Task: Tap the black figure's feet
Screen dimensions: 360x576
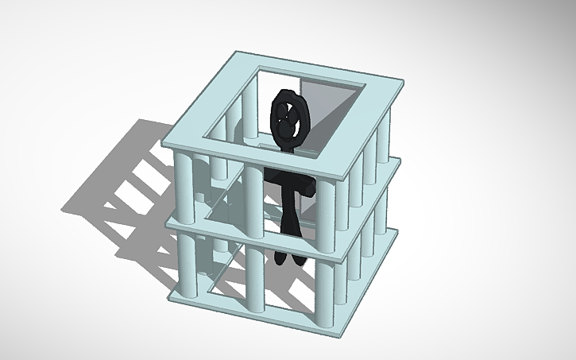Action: point(287,257)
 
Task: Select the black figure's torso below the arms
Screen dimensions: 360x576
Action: point(290,215)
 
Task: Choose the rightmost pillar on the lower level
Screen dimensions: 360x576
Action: point(386,215)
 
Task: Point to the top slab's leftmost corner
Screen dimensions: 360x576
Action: point(164,143)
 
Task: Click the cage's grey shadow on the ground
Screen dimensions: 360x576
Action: point(119,191)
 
